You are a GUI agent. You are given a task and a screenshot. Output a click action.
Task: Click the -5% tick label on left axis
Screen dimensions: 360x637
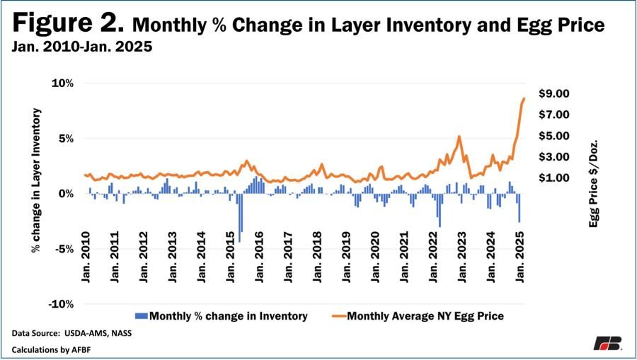pos(64,249)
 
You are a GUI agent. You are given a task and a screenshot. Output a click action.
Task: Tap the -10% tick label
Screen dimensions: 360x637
pos(62,304)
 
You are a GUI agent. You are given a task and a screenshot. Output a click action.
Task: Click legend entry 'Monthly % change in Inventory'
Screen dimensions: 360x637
pos(220,316)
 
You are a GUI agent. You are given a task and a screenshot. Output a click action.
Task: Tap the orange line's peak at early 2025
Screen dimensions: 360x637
pos(524,99)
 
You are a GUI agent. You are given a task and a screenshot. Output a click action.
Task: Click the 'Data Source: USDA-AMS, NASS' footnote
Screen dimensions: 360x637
pos(71,332)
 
